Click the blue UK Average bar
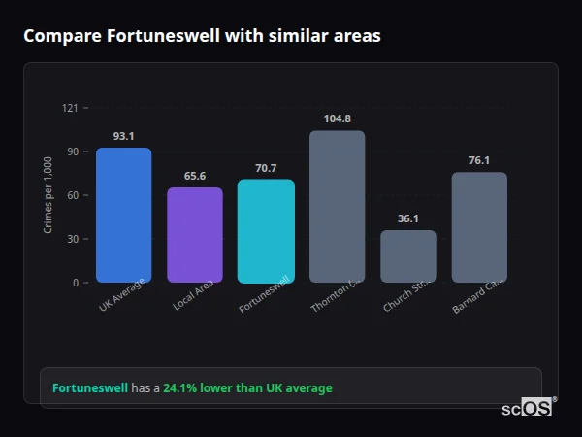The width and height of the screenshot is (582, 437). point(123,215)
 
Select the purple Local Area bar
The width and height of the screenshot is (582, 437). point(195,235)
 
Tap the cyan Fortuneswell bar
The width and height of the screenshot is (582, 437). point(266,231)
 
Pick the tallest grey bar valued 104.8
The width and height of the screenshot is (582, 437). point(337,206)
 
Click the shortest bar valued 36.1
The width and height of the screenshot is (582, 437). point(408,256)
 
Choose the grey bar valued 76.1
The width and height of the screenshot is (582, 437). point(479,227)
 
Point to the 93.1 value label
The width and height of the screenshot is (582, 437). point(123,136)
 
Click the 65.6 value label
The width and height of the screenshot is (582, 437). point(195,176)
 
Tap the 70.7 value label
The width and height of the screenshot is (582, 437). point(266,168)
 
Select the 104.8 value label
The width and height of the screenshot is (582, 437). point(337,118)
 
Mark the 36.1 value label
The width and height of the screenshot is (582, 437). point(408,218)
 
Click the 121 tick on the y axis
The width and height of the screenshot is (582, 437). point(69,108)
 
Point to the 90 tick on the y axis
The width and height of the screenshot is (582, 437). point(72,151)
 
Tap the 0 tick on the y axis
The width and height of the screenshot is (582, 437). point(75,283)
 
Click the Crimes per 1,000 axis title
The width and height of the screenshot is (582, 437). point(48,195)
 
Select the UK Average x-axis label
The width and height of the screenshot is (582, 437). point(122,294)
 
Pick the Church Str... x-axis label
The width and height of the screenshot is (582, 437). point(406,295)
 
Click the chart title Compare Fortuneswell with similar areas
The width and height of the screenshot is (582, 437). point(202,36)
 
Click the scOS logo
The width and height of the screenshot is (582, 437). point(528,408)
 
